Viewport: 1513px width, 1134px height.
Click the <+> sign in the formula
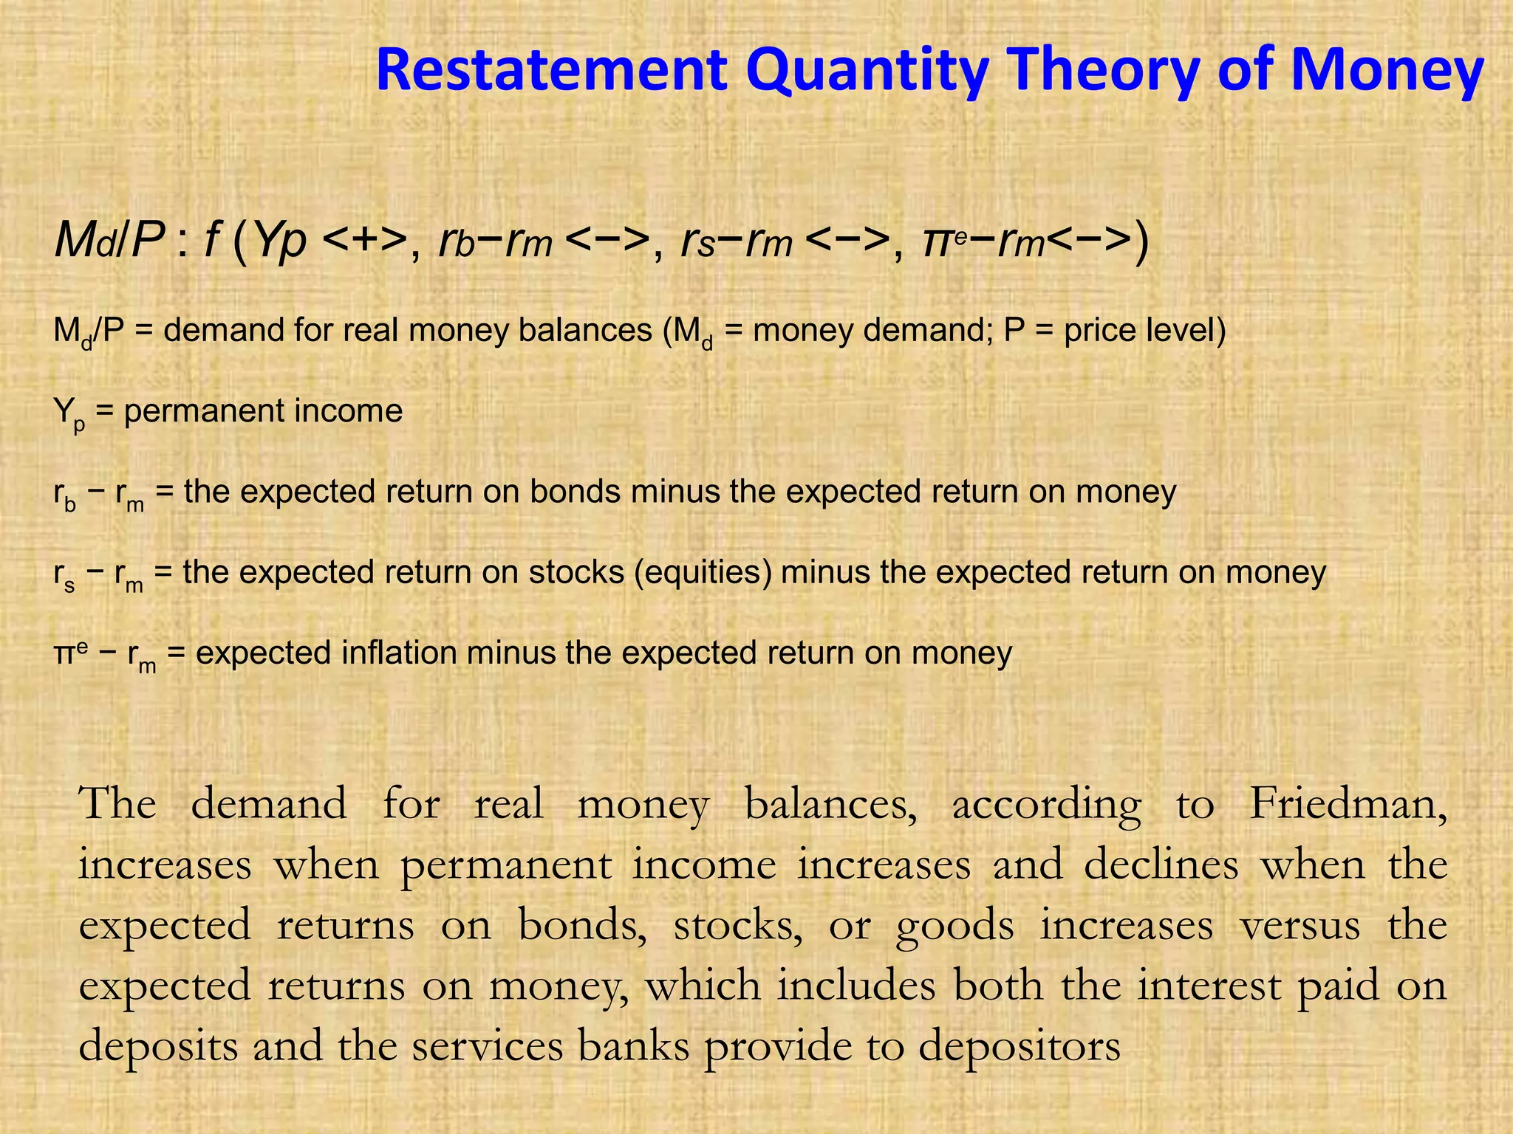[x=366, y=240]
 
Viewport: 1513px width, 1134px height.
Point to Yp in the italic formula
[x=279, y=240]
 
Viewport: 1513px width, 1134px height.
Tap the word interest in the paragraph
[x=1209, y=985]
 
